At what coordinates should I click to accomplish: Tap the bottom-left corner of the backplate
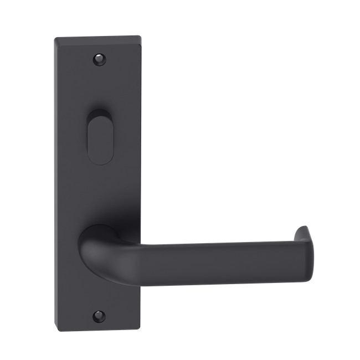click(56, 327)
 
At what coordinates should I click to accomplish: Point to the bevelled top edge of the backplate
click(99, 38)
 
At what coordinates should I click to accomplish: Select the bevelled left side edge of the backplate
click(56, 183)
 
